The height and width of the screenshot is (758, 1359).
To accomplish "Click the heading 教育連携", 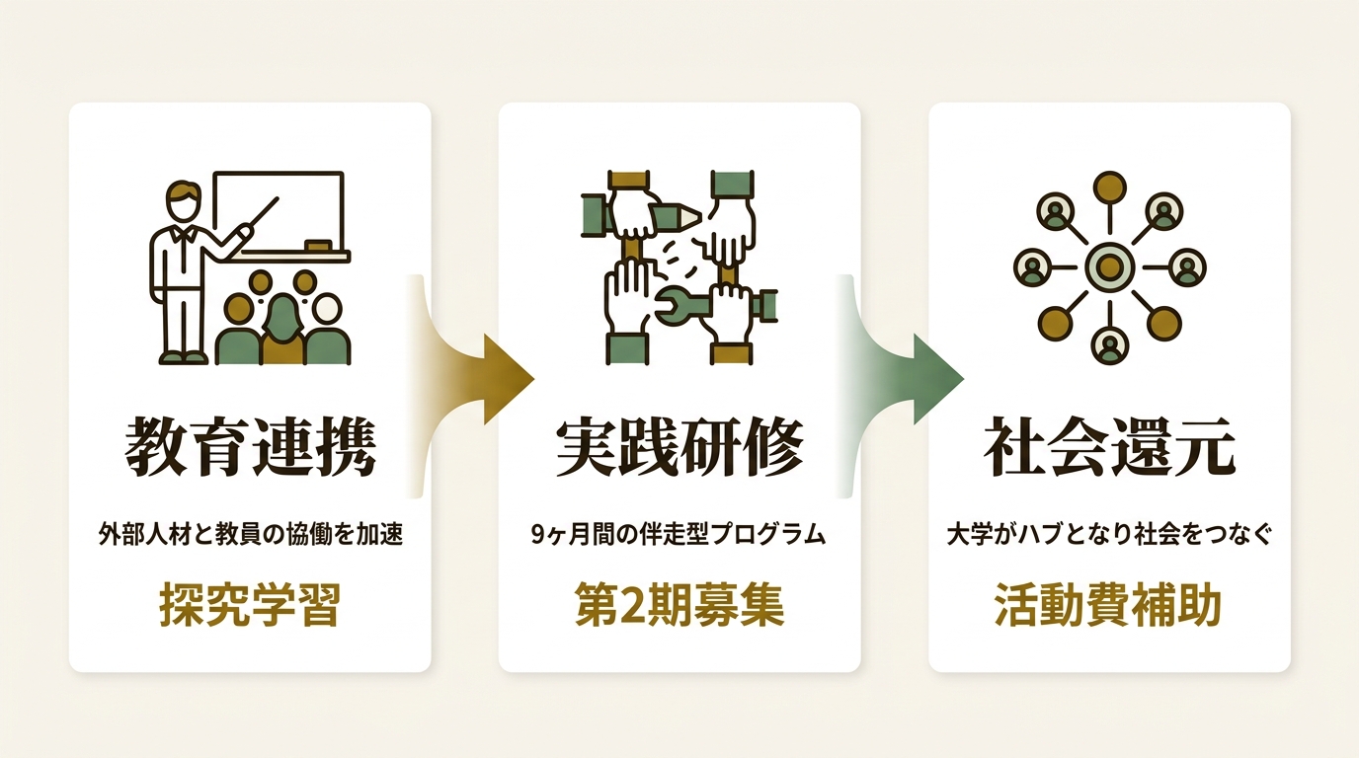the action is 250,447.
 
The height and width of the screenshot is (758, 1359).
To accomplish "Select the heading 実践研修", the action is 679,447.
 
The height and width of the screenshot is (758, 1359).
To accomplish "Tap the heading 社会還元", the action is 1109,447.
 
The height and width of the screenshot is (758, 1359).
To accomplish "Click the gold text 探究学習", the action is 250,605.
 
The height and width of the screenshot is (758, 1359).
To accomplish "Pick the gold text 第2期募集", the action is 679,605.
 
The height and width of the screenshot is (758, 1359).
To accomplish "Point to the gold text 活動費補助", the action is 1108,605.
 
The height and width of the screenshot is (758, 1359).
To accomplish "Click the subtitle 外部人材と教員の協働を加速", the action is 251,535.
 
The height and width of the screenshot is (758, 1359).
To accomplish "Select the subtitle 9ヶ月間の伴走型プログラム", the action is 679,535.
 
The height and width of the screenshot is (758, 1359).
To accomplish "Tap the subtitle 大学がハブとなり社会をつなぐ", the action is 1109,535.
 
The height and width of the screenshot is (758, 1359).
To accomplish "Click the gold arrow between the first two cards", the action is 473,379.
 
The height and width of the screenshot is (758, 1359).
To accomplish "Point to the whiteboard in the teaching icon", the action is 280,211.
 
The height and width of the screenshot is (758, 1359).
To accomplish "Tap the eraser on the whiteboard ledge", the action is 318,245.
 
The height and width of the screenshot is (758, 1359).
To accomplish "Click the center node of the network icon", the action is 1110,266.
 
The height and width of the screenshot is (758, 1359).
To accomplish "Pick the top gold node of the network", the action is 1110,188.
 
